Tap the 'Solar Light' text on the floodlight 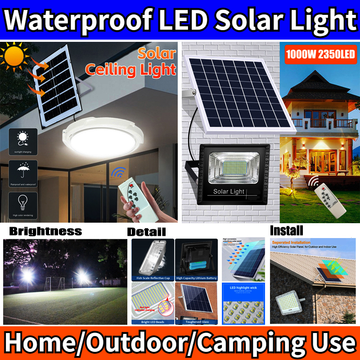(229, 191)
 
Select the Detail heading (146, 232)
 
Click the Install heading (286, 231)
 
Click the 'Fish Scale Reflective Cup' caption (152, 279)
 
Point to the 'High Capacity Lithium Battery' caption (197, 279)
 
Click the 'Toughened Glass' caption (197, 322)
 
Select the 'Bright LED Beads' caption (152, 322)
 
